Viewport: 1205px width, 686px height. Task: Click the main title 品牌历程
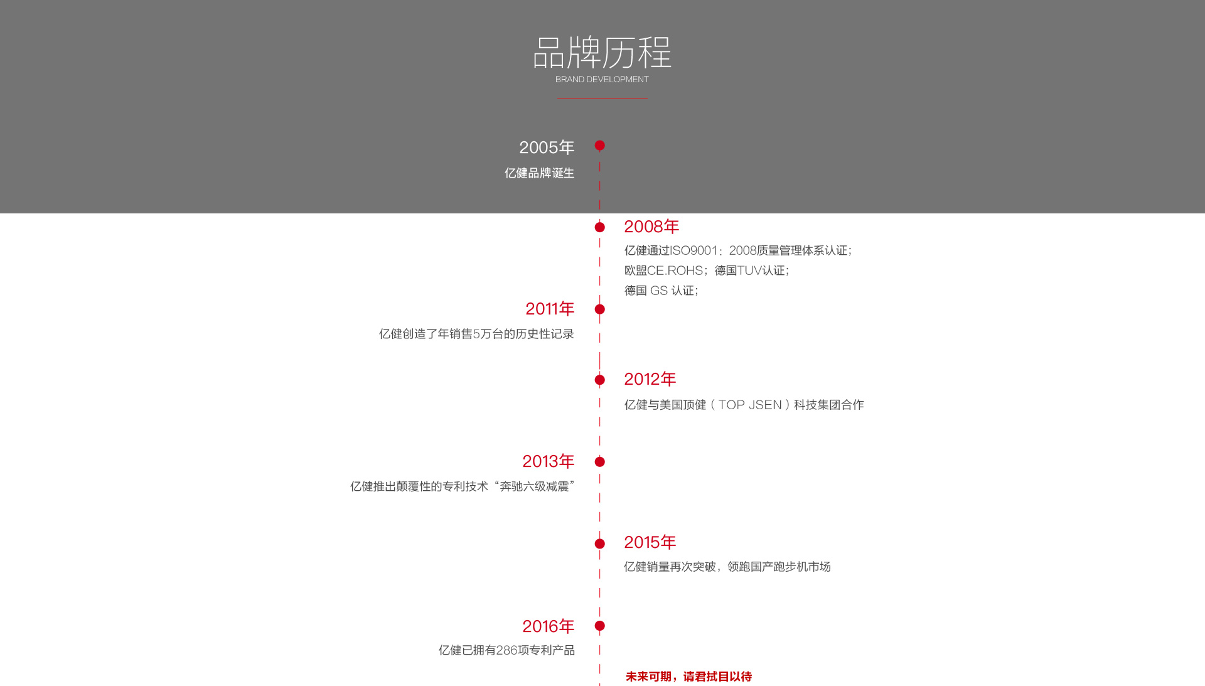602,52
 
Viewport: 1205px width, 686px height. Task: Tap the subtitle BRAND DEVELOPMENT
602,79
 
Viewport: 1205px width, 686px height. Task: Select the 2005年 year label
547,147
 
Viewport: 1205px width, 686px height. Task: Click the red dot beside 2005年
600,146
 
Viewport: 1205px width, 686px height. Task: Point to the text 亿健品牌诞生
540,173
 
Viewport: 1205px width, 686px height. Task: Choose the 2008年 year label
651,227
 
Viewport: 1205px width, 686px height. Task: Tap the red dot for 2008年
600,227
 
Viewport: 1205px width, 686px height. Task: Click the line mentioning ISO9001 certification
738,250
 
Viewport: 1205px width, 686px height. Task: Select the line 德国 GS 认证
661,291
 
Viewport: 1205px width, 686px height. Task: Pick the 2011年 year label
550,309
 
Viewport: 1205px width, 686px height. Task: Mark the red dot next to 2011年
600,309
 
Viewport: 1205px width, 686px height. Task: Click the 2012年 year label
650,379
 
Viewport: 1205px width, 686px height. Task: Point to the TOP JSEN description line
744,405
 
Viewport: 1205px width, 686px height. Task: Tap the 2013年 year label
549,461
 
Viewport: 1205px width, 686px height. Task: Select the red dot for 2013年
600,462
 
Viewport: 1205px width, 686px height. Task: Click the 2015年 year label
650,542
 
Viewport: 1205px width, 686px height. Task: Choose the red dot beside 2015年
600,544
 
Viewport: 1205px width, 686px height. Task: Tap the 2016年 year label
549,626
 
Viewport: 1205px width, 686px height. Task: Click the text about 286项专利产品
506,650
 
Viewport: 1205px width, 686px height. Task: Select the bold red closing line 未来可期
688,677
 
